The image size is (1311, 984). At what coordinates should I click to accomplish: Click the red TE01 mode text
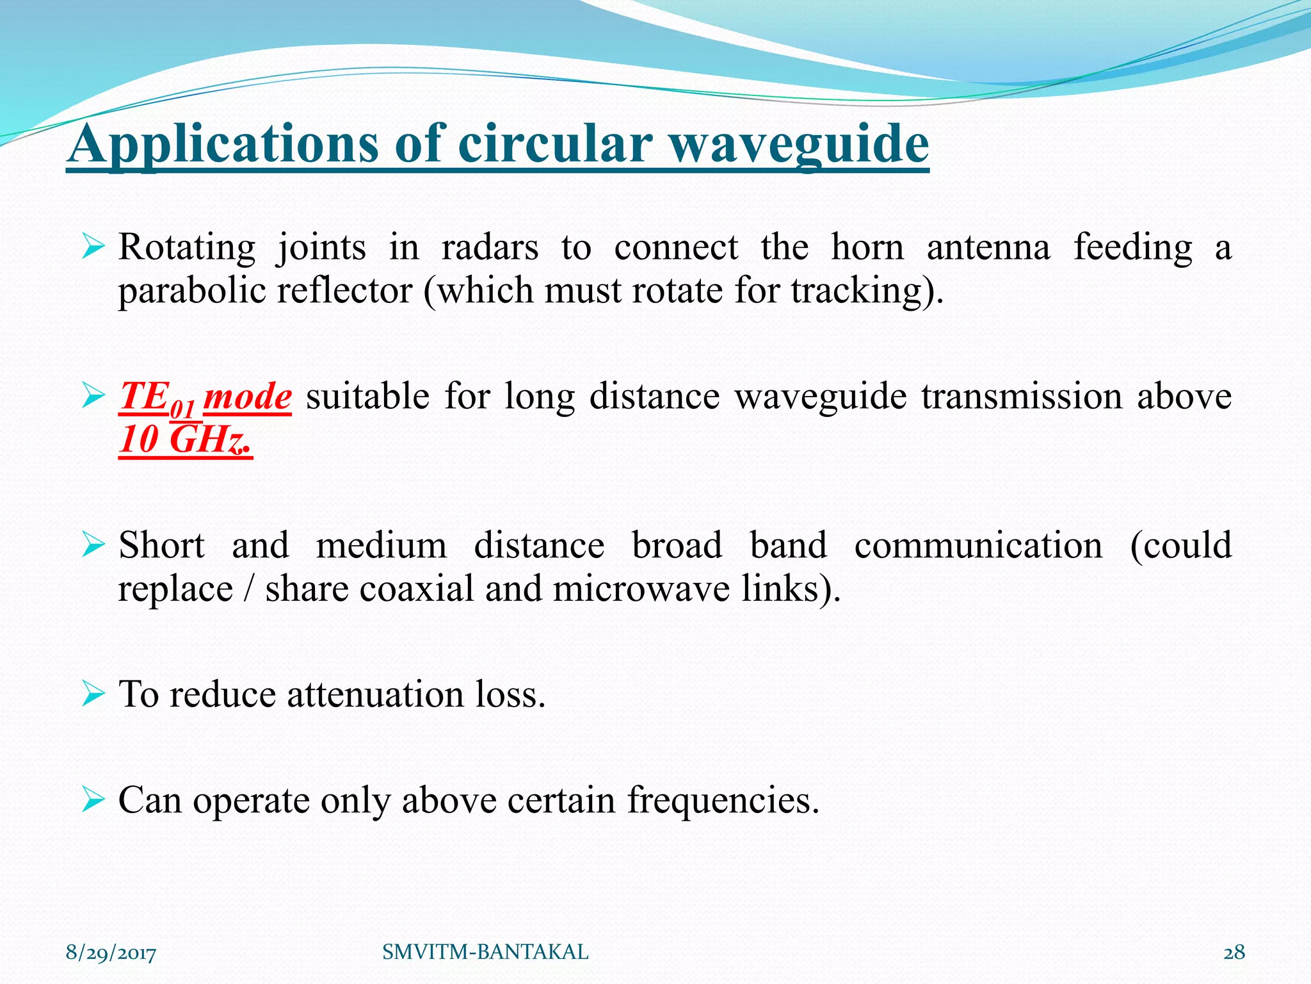coord(205,397)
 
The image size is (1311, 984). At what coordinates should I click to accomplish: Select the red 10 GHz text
coord(186,440)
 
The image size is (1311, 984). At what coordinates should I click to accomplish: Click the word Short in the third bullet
coord(161,546)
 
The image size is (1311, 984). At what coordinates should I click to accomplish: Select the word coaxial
coord(416,589)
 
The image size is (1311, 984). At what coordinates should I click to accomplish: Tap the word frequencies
coord(723,801)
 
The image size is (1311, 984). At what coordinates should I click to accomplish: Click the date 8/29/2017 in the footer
coord(111,953)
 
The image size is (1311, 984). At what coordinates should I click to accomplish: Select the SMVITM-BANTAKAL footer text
coord(485,953)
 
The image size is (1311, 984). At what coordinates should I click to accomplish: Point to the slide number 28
coord(1234,953)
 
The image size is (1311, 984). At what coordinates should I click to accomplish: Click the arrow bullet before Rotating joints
coord(93,247)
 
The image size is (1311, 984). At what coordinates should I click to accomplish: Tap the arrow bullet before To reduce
coord(93,694)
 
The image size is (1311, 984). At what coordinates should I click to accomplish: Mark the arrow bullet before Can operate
coord(93,800)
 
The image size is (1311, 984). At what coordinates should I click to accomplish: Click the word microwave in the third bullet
coord(641,589)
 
